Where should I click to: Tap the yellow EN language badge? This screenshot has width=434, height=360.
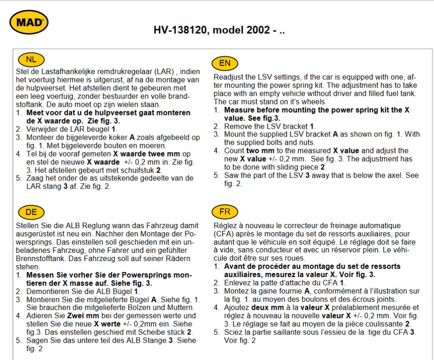tap(225, 63)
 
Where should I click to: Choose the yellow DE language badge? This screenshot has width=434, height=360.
tap(31, 212)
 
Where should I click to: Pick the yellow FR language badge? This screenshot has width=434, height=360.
tap(225, 212)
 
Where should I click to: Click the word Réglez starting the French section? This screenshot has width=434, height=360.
tap(225, 226)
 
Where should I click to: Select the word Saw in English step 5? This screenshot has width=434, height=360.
tap(231, 175)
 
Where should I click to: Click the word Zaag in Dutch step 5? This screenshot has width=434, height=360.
tap(35, 178)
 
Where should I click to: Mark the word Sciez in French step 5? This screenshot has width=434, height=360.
tap(233, 333)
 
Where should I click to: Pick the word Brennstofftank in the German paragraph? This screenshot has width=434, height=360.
tap(42, 258)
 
